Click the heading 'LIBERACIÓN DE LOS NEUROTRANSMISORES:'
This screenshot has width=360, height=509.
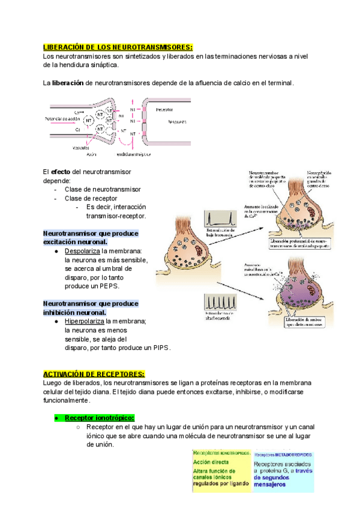(118, 47)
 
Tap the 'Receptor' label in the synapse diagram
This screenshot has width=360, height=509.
(164, 110)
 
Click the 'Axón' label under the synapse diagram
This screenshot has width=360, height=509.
(91, 154)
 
